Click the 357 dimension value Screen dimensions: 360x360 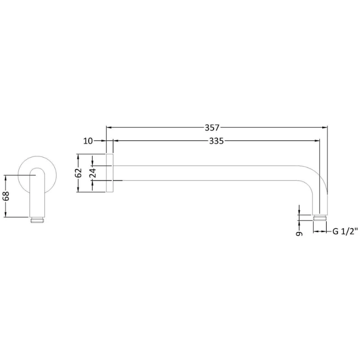click(x=212, y=127)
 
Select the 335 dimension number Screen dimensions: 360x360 click(x=216, y=141)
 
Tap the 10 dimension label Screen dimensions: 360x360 click(x=88, y=141)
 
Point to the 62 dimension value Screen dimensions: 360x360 click(x=79, y=173)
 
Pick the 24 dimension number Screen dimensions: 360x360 click(x=92, y=173)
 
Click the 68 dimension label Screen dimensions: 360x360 click(x=6, y=196)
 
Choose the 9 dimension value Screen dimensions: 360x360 click(x=299, y=234)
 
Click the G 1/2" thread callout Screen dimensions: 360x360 click(x=345, y=231)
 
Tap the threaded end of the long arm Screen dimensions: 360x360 click(x=319, y=218)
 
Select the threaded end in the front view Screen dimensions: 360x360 click(x=37, y=220)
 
